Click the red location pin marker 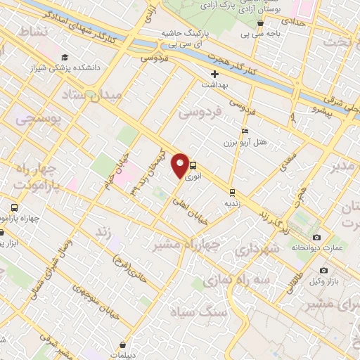[x=180, y=165]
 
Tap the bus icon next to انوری [x=193, y=167]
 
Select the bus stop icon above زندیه [x=231, y=191]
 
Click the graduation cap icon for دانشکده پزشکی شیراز [x=65, y=58]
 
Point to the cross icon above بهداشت [x=215, y=73]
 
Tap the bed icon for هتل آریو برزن [x=244, y=131]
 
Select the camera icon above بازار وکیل [x=323, y=270]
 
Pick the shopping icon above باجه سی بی [x=260, y=23]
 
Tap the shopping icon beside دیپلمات [x=124, y=345]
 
